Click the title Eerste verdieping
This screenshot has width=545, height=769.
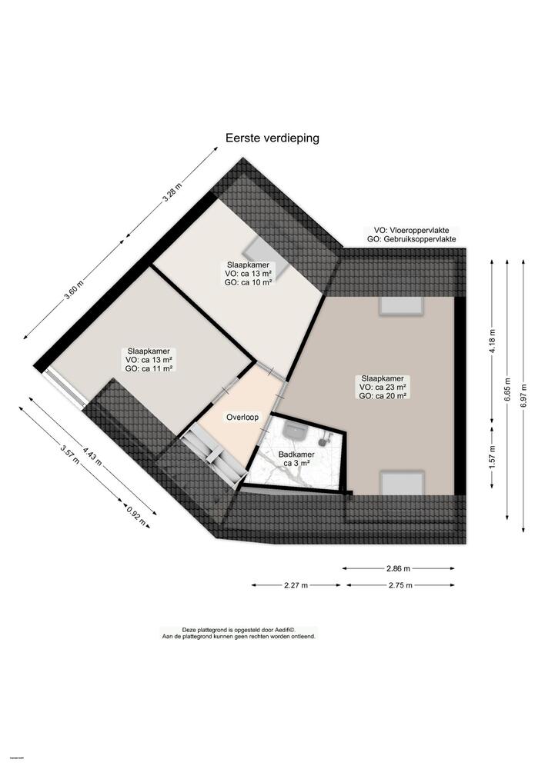(272, 138)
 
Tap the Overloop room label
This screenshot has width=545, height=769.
(242, 418)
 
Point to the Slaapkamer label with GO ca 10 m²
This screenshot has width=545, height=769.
(249, 273)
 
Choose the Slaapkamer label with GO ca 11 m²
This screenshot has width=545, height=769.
(149, 359)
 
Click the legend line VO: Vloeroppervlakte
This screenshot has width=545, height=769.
(413, 231)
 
